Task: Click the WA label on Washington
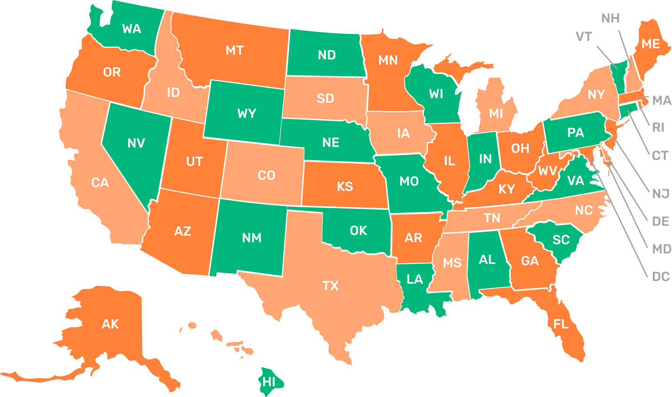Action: click(132, 29)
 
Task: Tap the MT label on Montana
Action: click(234, 51)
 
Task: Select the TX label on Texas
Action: click(330, 286)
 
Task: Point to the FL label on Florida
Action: click(561, 324)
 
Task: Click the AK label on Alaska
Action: click(110, 324)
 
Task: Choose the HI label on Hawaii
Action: click(269, 382)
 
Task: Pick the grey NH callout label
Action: click(610, 18)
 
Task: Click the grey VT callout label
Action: click(584, 37)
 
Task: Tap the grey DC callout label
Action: click(661, 277)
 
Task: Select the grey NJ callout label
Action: click(661, 194)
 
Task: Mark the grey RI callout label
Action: click(658, 128)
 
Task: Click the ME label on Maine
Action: click(651, 44)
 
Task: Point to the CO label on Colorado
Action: click(266, 175)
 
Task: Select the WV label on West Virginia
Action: click(548, 171)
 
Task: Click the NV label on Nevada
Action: click(136, 143)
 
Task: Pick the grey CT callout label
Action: click(660, 156)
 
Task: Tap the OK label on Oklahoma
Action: click(358, 231)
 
